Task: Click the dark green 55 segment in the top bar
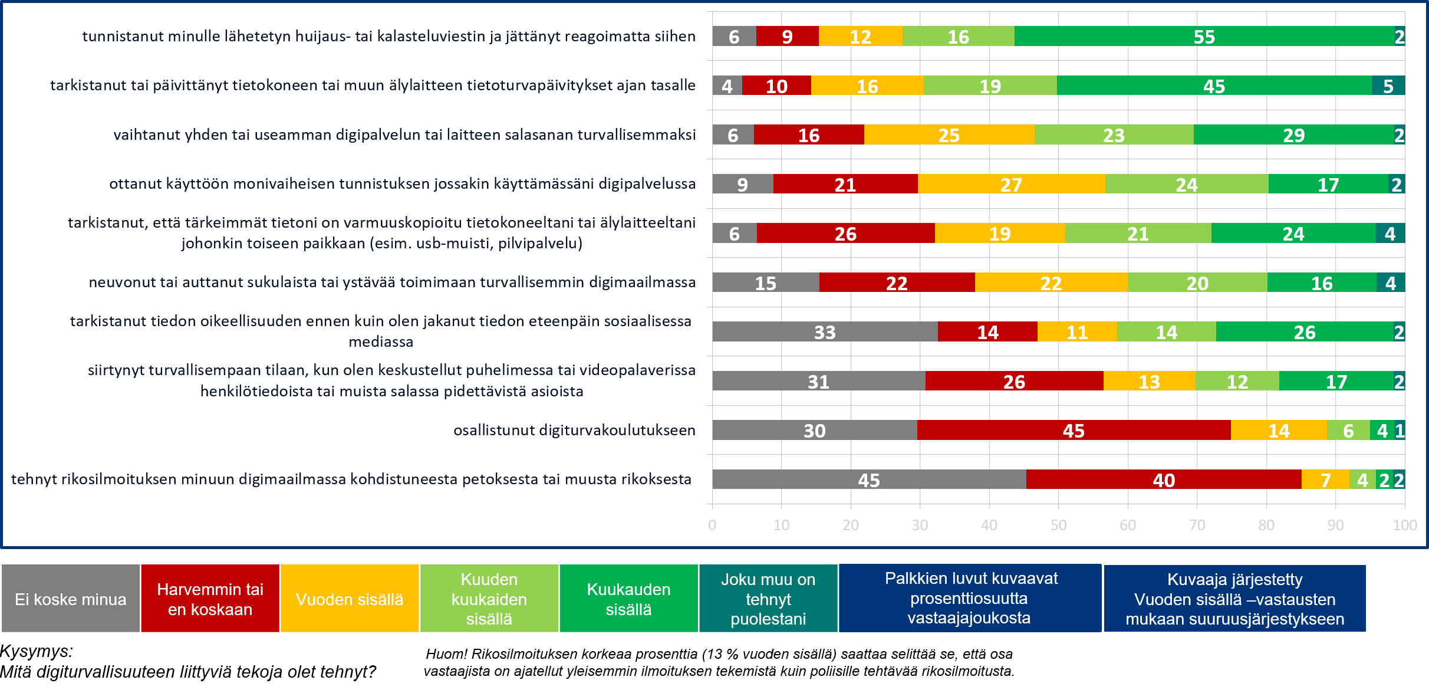[x=1204, y=37]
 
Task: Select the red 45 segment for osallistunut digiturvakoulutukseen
[x=1074, y=431]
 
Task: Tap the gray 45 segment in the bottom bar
[x=869, y=479]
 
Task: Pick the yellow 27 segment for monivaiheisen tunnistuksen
[x=1011, y=185]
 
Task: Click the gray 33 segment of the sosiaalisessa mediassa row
[x=825, y=332]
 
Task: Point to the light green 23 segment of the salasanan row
[x=1114, y=135]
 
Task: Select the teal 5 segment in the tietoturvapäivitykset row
[x=1388, y=86]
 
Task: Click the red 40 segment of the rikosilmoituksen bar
[x=1164, y=479]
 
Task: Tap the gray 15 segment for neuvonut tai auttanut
[x=765, y=283]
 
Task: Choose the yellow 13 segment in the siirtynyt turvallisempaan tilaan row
[x=1149, y=382]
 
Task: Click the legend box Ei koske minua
[x=71, y=599]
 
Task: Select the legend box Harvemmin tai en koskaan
[x=210, y=599]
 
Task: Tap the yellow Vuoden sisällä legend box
[x=350, y=599]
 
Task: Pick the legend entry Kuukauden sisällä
[x=628, y=599]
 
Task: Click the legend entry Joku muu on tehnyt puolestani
[x=768, y=599]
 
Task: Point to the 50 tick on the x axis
[x=1058, y=525]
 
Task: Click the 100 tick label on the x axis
[x=1404, y=525]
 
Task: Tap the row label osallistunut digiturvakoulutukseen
[x=574, y=431]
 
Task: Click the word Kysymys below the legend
[x=37, y=651]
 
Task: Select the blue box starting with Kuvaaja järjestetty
[x=1234, y=599]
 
